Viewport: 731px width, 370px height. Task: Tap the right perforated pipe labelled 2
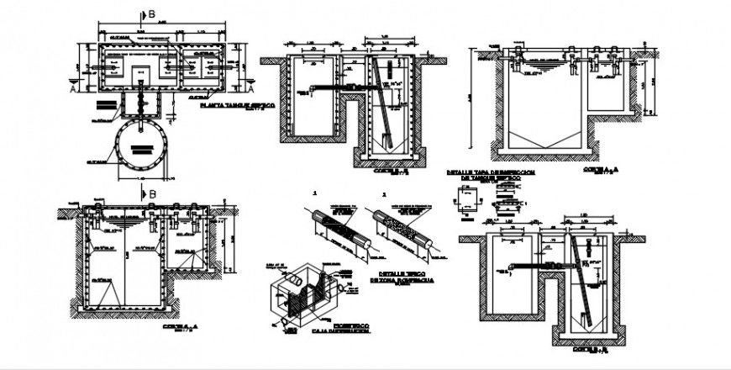(x=403, y=225)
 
